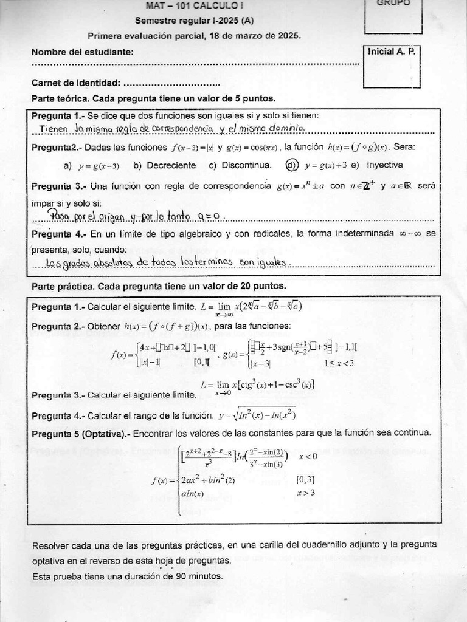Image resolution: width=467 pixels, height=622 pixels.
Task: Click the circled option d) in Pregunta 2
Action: point(292,165)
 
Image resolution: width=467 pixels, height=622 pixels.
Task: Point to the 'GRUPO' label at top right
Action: point(393,3)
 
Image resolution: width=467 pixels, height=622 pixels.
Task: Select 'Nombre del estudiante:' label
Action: point(82,52)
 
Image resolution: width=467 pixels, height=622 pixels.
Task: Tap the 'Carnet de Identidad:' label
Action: point(75,83)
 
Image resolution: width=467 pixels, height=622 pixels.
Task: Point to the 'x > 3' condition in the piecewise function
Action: point(305,493)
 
